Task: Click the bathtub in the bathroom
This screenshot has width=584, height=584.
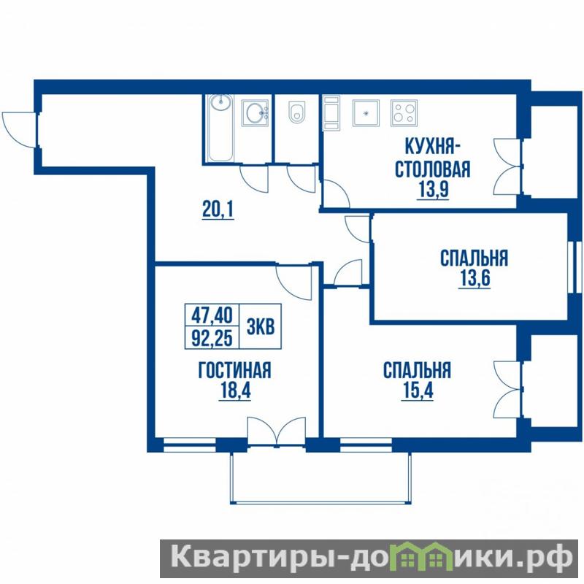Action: pos(221,128)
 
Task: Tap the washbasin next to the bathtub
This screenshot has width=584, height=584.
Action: pos(255,112)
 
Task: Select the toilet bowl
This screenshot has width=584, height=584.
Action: pos(297,112)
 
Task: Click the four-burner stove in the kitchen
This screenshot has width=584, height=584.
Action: pos(404,113)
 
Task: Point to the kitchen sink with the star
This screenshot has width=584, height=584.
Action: pos(366,113)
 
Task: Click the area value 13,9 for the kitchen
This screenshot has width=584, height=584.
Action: pos(433,191)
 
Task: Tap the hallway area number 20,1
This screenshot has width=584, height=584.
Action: pos(218,210)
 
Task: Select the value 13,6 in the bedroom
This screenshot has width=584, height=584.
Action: pos(474,278)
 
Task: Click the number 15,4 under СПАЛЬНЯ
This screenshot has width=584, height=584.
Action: pos(418,391)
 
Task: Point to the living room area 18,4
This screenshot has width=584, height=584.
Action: pos(235,391)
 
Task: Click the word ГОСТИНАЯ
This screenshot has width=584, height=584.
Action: pos(234,370)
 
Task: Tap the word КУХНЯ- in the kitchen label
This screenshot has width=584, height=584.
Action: pos(432,147)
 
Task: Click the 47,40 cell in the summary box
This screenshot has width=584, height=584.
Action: pos(212,315)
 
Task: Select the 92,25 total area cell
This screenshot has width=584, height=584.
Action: pos(212,338)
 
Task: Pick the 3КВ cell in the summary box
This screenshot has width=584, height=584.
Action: pos(261,326)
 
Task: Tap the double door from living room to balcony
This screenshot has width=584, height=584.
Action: pos(277,431)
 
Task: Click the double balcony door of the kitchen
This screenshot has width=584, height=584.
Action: pos(507,166)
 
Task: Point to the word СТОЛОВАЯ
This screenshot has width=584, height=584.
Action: pos(432,169)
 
